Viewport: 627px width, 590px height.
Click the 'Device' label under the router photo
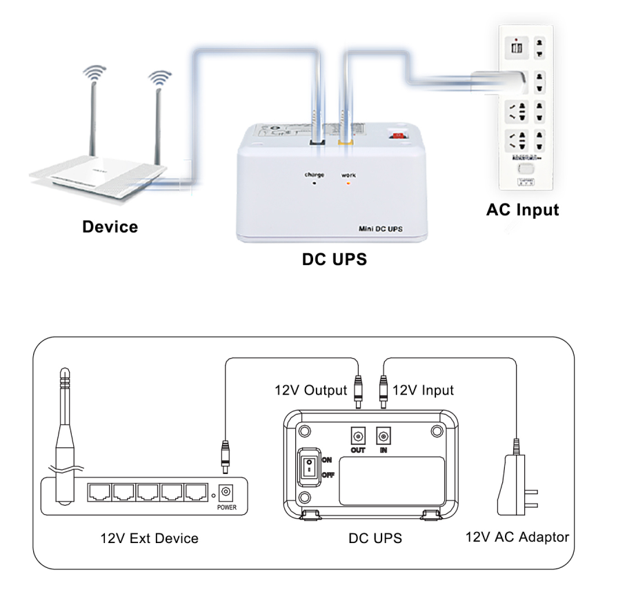tap(110, 227)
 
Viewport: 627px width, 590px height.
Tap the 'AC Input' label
tap(522, 210)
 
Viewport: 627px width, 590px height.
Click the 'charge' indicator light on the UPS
tap(315, 184)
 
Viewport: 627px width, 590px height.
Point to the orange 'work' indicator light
tap(348, 184)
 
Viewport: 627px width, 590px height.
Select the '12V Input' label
tap(423, 391)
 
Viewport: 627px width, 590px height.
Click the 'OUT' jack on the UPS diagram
tap(357, 437)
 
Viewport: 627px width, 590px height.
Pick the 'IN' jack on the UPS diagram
tap(383, 437)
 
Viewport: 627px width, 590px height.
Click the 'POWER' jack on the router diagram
tap(226, 493)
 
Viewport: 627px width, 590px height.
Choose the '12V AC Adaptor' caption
tap(517, 537)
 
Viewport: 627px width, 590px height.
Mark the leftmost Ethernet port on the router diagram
tap(99, 493)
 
